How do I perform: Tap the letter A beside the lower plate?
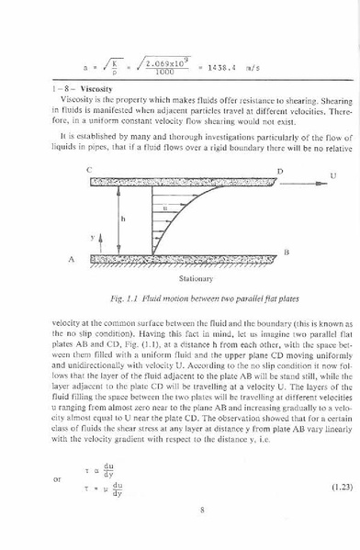pyautogui.click(x=71, y=260)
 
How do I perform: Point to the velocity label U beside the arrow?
pyautogui.click(x=332, y=174)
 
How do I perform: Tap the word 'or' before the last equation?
pyautogui.click(x=58, y=477)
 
